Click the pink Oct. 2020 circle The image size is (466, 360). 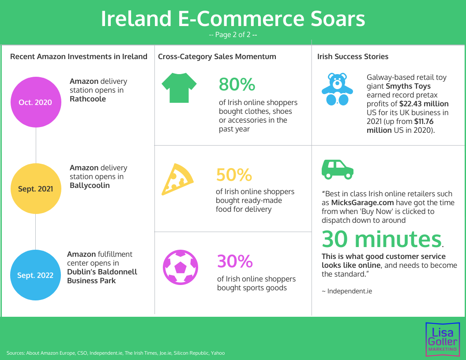tap(36, 102)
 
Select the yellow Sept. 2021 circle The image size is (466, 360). tap(36, 189)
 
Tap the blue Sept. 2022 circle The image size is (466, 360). tap(35, 275)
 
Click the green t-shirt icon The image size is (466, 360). tap(179, 88)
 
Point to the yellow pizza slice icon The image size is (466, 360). tap(177, 179)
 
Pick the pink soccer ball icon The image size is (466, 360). tap(180, 267)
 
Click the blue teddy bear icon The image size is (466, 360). tap(337, 89)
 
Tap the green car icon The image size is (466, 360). tap(337, 169)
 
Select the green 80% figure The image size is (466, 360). tap(237, 84)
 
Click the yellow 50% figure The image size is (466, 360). tap(234, 175)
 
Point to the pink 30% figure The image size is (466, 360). tap(235, 261)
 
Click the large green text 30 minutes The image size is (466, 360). tap(382, 239)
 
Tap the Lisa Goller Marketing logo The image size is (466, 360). tap(443, 339)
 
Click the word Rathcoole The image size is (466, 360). tap(88, 99)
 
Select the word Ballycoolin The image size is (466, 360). tap(90, 185)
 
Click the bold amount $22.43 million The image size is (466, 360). tap(424, 104)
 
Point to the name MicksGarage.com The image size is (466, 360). tap(362, 202)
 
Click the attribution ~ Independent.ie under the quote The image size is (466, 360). tap(347, 291)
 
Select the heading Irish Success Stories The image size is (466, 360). tap(353, 56)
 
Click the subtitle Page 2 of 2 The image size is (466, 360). tap(233, 35)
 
